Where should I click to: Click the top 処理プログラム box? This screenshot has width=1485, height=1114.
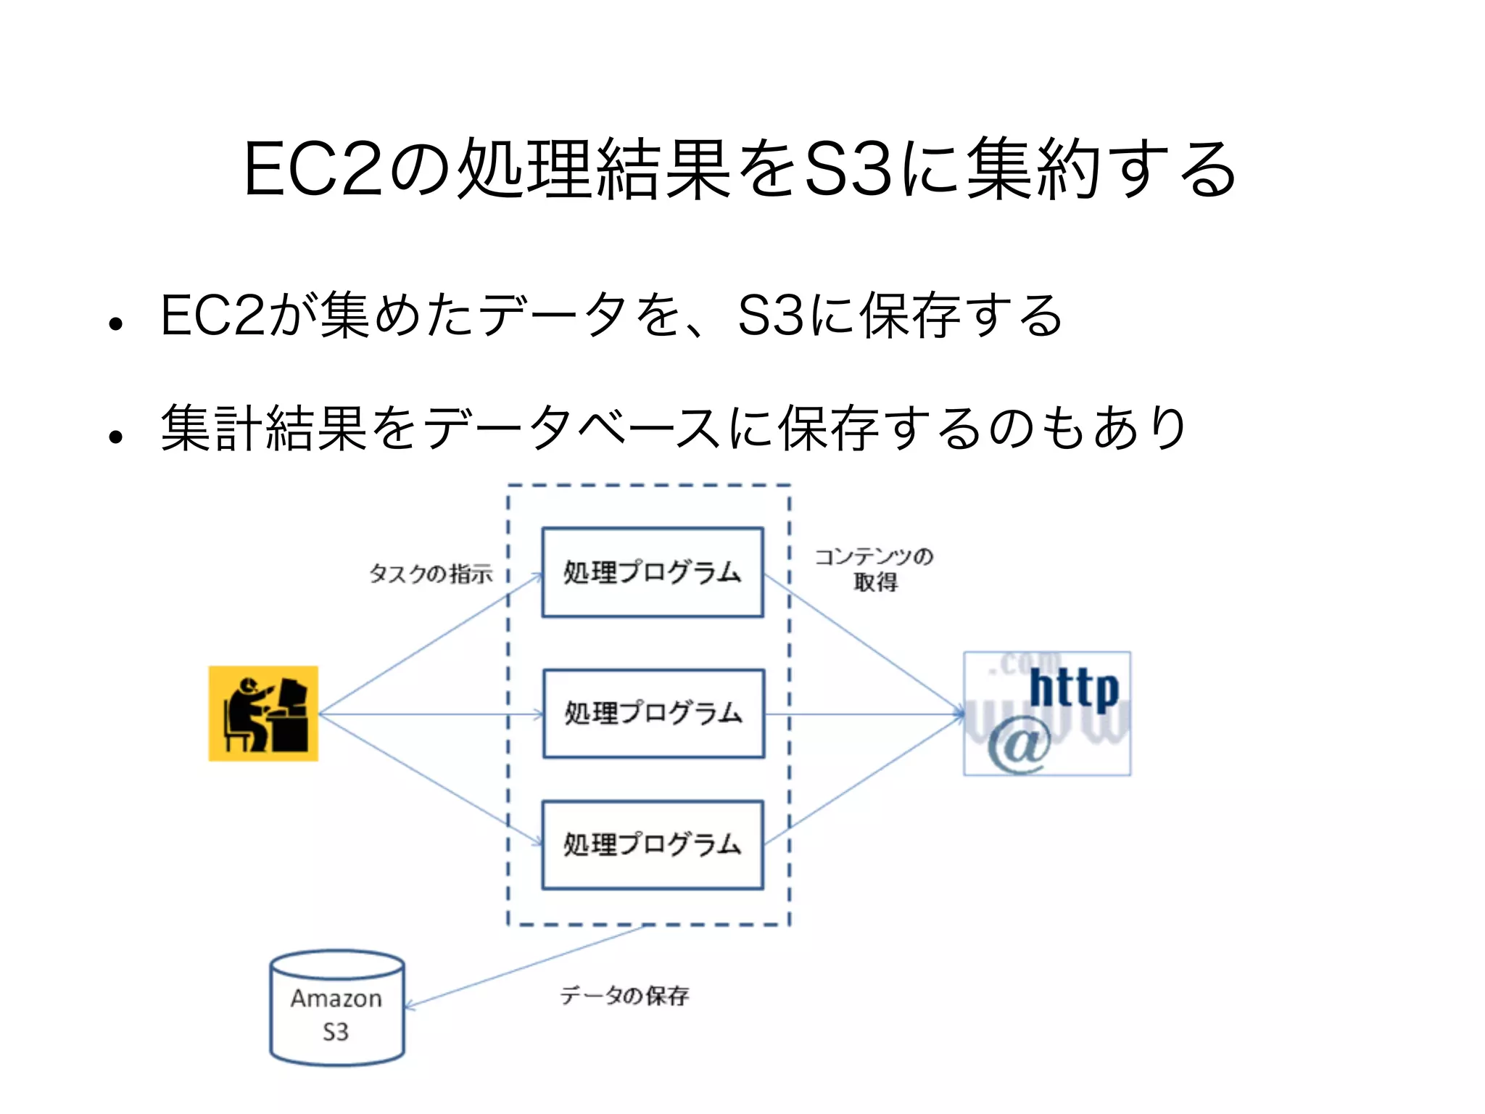[x=653, y=572]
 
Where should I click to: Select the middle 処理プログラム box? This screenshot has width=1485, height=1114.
[x=653, y=714]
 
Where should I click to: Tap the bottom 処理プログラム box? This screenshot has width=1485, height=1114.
[x=653, y=845]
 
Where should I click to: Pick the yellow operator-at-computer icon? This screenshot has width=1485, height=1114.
[x=263, y=713]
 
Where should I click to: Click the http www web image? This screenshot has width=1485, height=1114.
[x=1046, y=714]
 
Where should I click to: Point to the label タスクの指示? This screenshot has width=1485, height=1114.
[x=431, y=574]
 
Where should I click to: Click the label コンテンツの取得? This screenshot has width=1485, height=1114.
[x=874, y=569]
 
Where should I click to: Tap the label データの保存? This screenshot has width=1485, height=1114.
[x=624, y=996]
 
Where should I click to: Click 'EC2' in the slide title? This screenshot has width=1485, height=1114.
[x=313, y=169]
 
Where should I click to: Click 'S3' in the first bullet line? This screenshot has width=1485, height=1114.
[x=771, y=316]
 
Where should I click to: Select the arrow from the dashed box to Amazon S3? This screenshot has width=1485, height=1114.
[x=525, y=966]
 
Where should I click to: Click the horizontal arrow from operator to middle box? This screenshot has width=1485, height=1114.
[x=431, y=714]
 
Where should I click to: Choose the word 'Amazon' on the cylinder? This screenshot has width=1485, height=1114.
[x=336, y=999]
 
